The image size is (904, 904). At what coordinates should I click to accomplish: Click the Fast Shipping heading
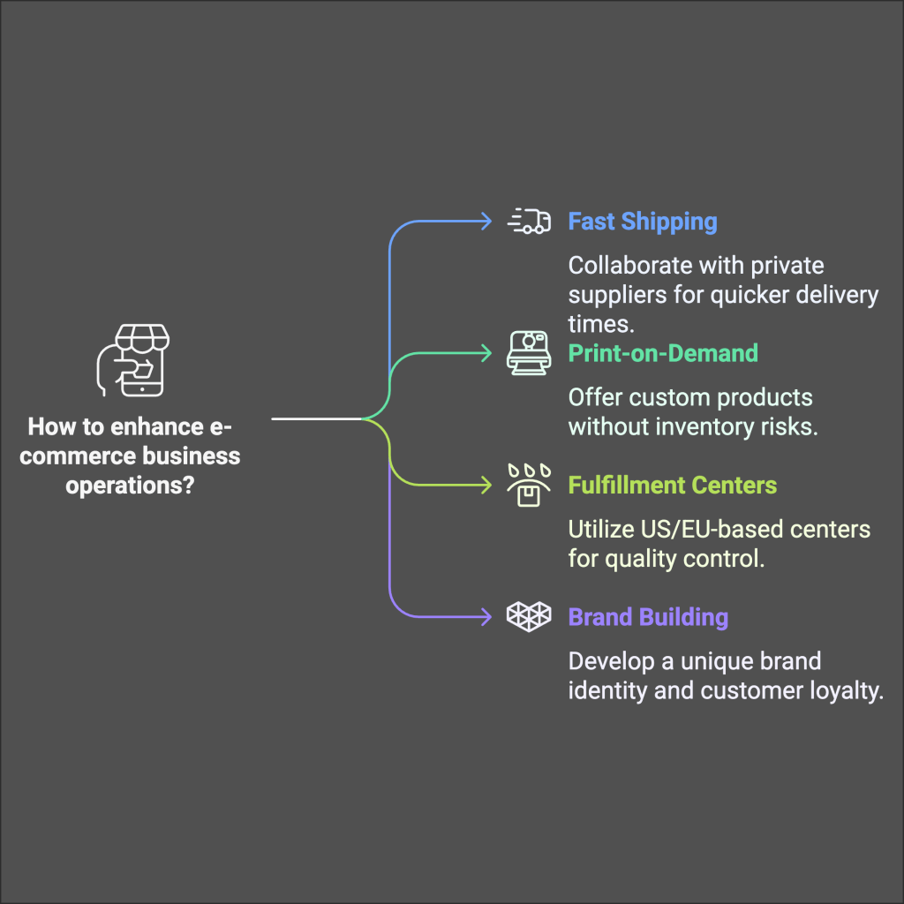tap(642, 221)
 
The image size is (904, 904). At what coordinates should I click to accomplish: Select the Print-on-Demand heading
tap(662, 353)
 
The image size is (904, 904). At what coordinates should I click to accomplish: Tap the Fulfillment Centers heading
tap(672, 485)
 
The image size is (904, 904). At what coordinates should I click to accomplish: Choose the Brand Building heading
tap(648, 616)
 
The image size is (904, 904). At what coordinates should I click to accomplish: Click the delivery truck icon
tap(529, 221)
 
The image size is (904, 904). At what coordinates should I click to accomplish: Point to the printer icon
tap(528, 353)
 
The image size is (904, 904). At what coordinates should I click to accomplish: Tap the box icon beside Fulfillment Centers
tap(528, 485)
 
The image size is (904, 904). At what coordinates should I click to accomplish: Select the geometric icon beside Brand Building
tap(529, 616)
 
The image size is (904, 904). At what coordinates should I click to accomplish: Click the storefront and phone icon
tap(132, 361)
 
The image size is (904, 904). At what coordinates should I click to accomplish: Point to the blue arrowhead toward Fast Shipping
tap(486, 221)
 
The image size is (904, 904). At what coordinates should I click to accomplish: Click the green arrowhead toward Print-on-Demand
tap(486, 353)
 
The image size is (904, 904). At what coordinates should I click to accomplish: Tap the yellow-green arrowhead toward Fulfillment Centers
tap(486, 485)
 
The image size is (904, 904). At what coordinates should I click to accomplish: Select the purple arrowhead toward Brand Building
tap(486, 616)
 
